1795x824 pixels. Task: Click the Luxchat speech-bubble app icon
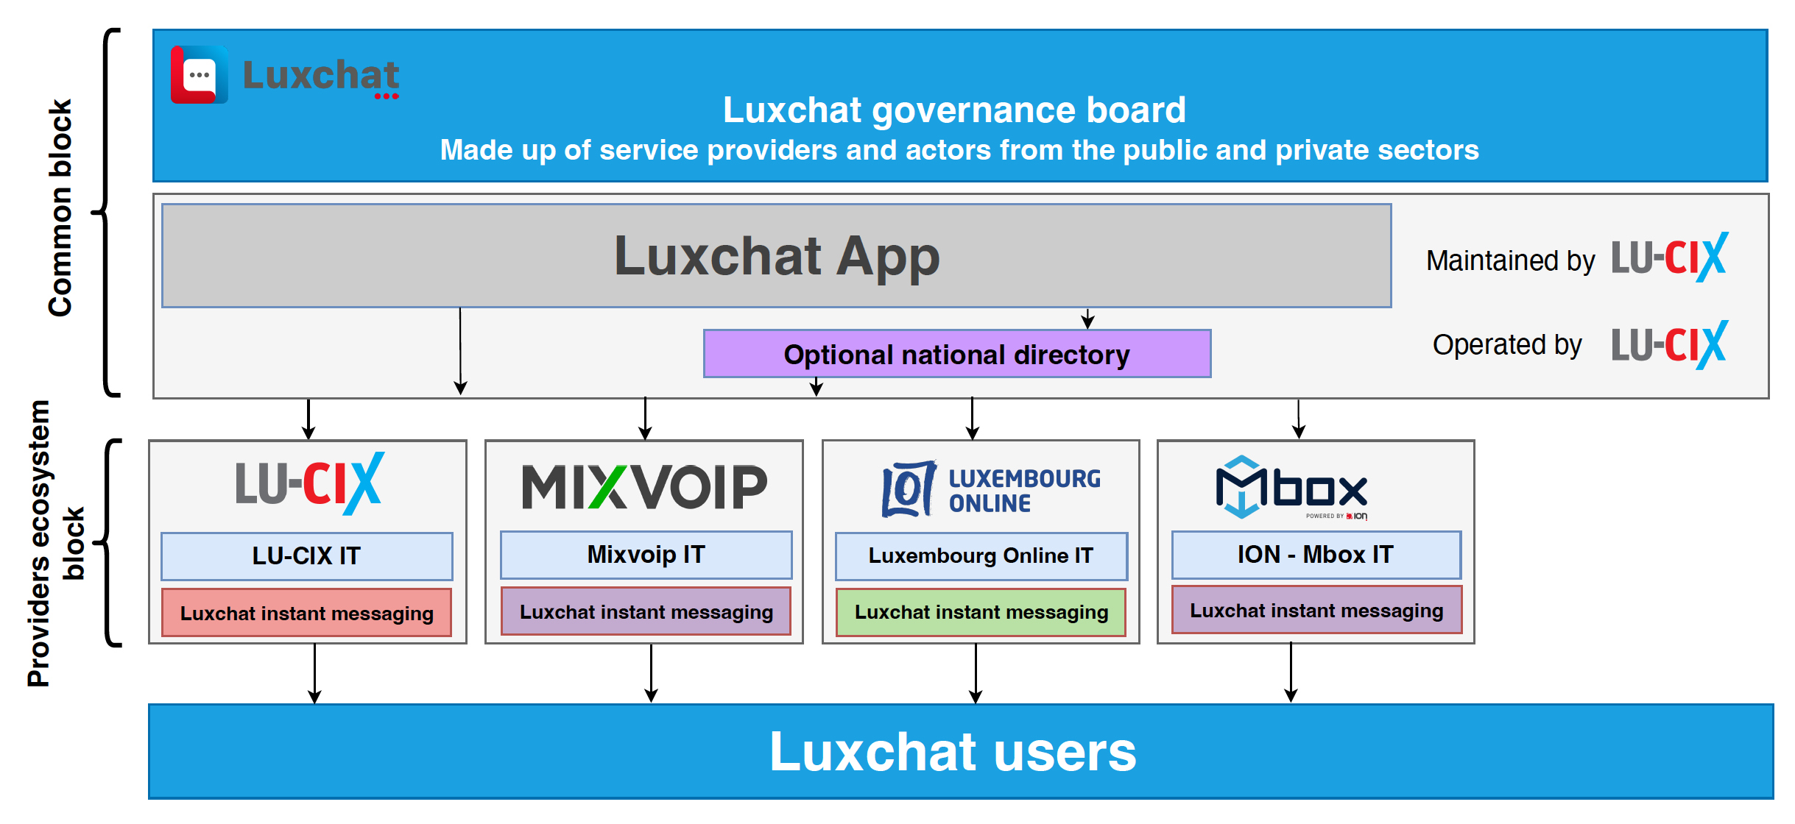(x=199, y=74)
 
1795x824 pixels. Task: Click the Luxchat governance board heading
(x=954, y=110)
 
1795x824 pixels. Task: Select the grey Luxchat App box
(x=776, y=255)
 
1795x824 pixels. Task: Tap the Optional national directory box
(x=956, y=354)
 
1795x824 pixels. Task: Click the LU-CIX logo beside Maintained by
(x=1669, y=257)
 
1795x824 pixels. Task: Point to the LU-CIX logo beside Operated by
(x=1669, y=344)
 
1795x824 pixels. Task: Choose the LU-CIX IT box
(x=306, y=555)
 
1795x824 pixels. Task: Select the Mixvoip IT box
(x=646, y=554)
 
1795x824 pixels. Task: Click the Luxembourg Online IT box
(x=981, y=555)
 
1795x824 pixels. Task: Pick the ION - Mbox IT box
(x=1316, y=554)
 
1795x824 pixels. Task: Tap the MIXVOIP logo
(x=644, y=487)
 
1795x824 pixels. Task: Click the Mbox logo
(x=1292, y=487)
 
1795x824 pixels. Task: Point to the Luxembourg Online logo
(x=990, y=489)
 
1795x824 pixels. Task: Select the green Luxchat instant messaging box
(x=981, y=612)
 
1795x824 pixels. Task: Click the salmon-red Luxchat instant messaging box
(x=306, y=613)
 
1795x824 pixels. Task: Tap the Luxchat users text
(x=953, y=752)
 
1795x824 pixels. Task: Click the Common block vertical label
(x=60, y=208)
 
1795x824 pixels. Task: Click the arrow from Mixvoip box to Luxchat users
(x=651, y=673)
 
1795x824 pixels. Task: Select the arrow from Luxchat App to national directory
(x=1087, y=318)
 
